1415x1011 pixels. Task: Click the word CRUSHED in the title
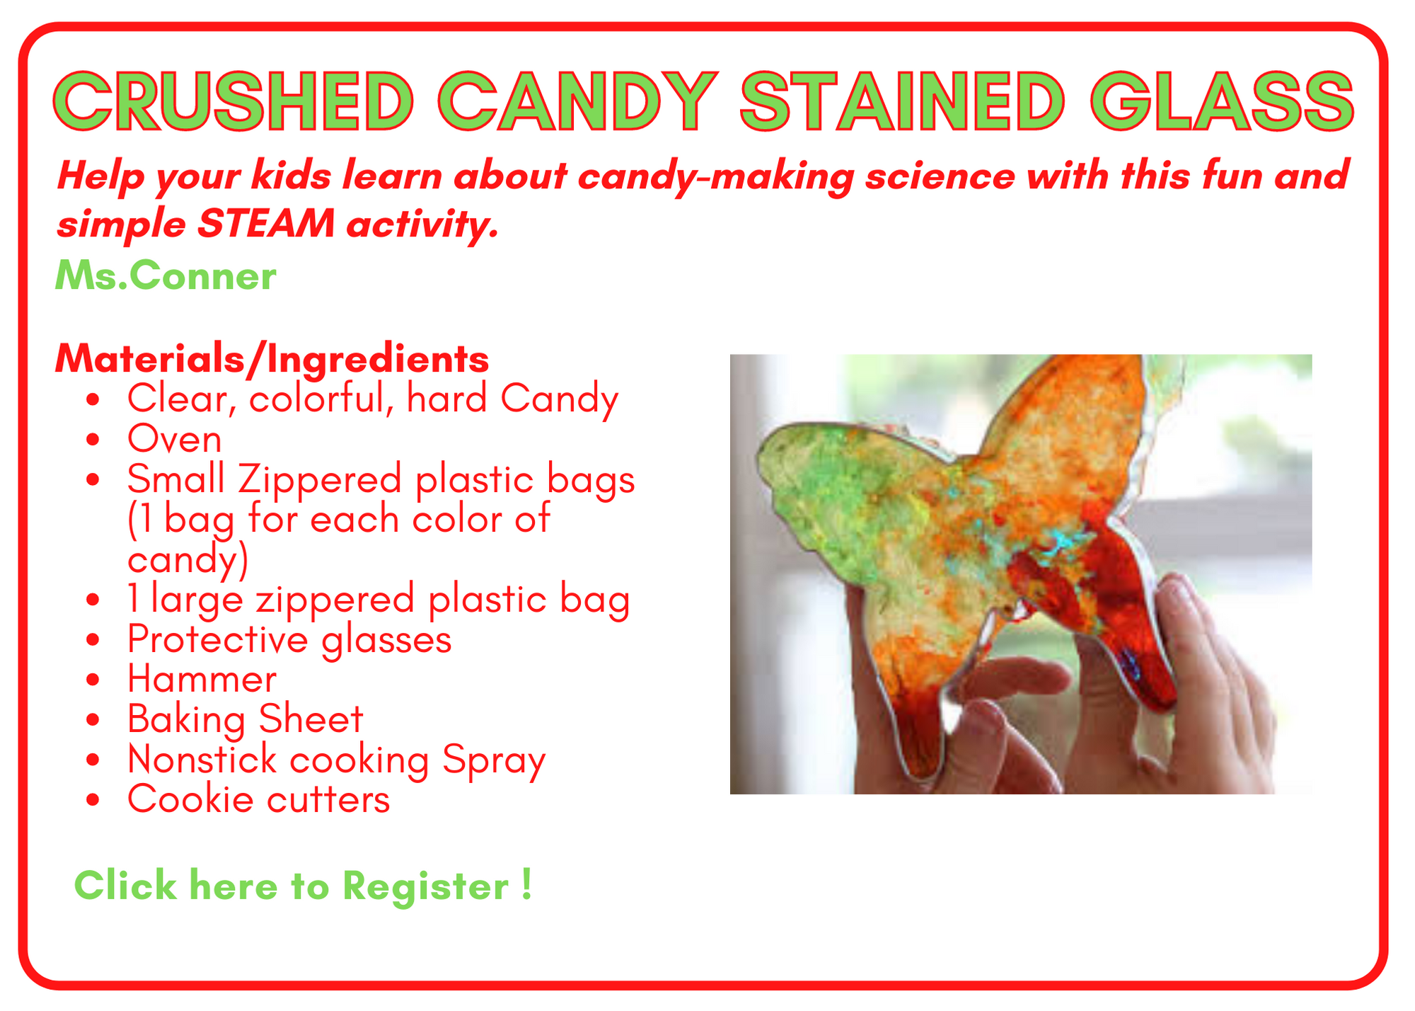click(x=233, y=101)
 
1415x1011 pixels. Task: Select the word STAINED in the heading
click(x=902, y=101)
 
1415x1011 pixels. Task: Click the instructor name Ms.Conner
click(x=166, y=275)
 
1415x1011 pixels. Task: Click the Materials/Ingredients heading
click(x=272, y=359)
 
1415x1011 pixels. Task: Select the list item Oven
click(x=174, y=439)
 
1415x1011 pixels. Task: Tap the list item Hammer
click(x=202, y=679)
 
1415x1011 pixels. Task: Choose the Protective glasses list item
click(x=289, y=640)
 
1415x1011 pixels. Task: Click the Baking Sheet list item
click(x=245, y=719)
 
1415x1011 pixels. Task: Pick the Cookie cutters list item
click(x=258, y=799)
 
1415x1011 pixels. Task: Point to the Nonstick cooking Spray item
click(x=336, y=760)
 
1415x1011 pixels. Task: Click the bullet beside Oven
click(x=93, y=440)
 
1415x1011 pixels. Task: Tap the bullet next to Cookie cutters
click(x=93, y=800)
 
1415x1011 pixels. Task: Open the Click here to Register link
click(x=303, y=886)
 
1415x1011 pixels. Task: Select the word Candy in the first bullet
click(x=560, y=399)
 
